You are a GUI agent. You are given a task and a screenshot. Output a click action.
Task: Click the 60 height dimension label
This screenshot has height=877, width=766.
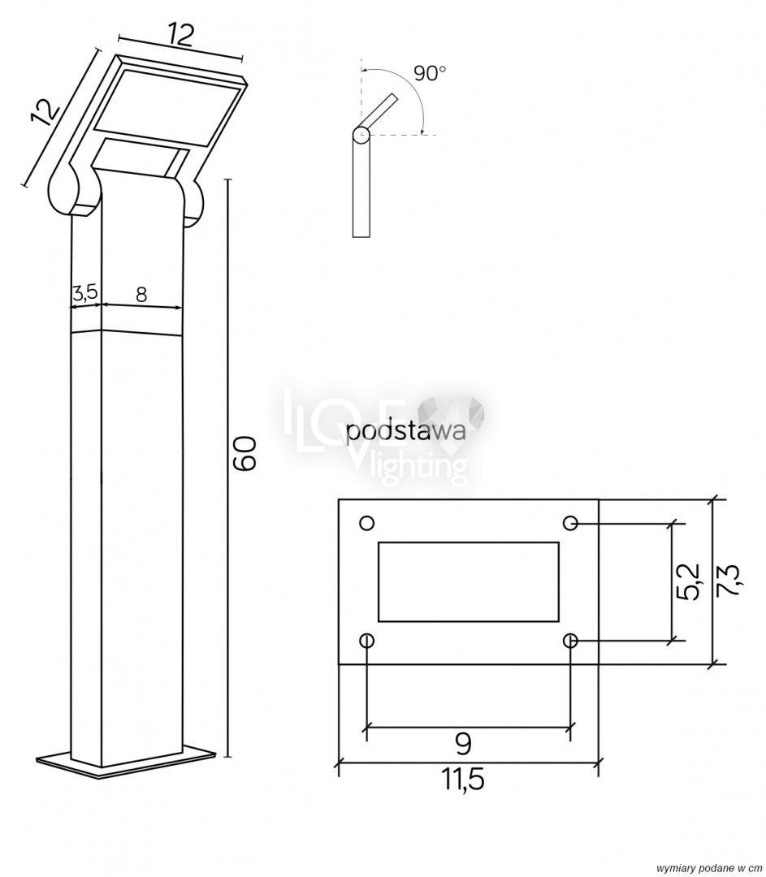247,453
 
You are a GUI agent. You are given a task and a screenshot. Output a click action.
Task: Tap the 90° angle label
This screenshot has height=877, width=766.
430,73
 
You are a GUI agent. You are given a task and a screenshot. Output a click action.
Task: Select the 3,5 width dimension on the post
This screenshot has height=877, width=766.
85,292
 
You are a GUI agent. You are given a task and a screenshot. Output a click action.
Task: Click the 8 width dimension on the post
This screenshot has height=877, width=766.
141,294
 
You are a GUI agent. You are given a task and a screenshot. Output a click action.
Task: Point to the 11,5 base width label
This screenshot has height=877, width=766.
464,778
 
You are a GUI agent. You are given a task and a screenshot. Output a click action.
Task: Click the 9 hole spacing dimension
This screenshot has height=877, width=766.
463,743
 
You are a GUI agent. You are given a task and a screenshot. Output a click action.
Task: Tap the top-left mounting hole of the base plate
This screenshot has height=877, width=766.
366,523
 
